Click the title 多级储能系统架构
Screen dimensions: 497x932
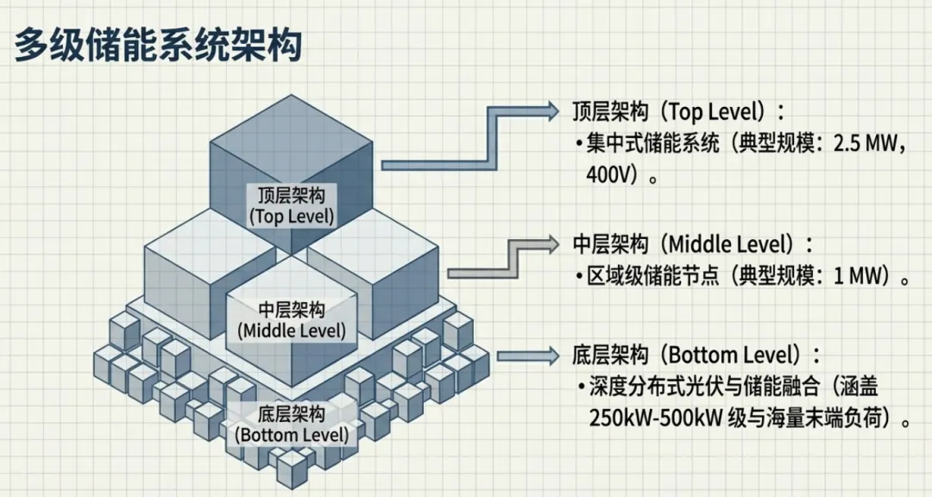point(158,44)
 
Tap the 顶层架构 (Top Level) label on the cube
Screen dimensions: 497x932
point(290,204)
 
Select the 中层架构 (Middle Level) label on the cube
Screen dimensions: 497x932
point(291,319)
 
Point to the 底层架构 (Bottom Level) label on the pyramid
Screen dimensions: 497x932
point(292,423)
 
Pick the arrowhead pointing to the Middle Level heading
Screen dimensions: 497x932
point(552,242)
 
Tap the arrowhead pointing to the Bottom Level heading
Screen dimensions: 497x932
point(552,355)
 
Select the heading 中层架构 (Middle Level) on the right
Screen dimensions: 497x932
point(693,244)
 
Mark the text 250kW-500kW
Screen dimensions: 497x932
point(651,418)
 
